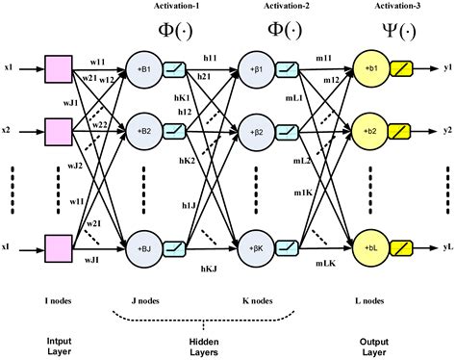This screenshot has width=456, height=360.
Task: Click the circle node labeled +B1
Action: point(145,70)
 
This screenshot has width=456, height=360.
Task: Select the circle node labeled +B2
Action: point(145,128)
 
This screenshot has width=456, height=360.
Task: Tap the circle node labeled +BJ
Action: point(145,247)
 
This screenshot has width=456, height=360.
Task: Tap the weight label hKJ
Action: point(211,272)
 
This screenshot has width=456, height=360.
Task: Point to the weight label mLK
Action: point(324,263)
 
